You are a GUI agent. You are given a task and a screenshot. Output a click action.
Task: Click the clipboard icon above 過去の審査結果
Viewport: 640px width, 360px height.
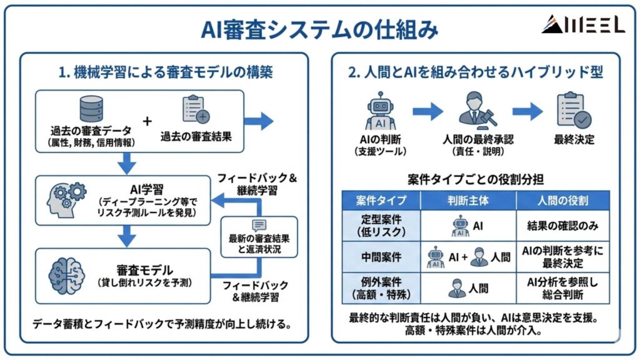(x=195, y=110)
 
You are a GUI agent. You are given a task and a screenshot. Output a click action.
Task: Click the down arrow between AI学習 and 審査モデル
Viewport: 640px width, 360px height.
(x=127, y=236)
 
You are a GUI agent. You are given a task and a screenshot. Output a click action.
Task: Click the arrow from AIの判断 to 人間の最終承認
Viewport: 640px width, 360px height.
(x=427, y=112)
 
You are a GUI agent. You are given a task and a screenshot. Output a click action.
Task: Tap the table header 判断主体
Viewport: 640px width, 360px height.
(x=468, y=201)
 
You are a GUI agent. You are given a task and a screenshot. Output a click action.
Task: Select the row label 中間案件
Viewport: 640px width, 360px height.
(x=381, y=257)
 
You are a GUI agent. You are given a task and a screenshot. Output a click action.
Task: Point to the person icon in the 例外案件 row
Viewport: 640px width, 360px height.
(x=457, y=287)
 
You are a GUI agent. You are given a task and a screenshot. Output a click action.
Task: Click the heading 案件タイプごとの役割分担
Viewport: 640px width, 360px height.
(x=476, y=179)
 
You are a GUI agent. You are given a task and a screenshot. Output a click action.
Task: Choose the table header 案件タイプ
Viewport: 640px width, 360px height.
(x=381, y=201)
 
